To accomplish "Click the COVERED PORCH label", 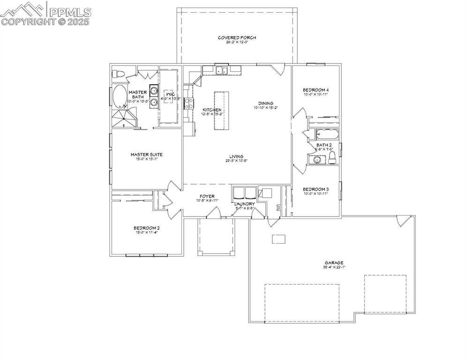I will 237,37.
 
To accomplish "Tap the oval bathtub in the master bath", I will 120,97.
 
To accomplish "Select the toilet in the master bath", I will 118,74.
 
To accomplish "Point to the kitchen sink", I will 222,71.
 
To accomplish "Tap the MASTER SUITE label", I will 146,154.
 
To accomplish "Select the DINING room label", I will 265,104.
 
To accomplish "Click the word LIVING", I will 236,157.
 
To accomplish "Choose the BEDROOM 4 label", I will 315,90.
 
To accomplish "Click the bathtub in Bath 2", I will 325,134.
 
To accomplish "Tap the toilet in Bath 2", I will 332,156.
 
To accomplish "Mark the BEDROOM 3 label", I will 315,189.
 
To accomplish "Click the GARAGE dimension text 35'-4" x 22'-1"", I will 334,268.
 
